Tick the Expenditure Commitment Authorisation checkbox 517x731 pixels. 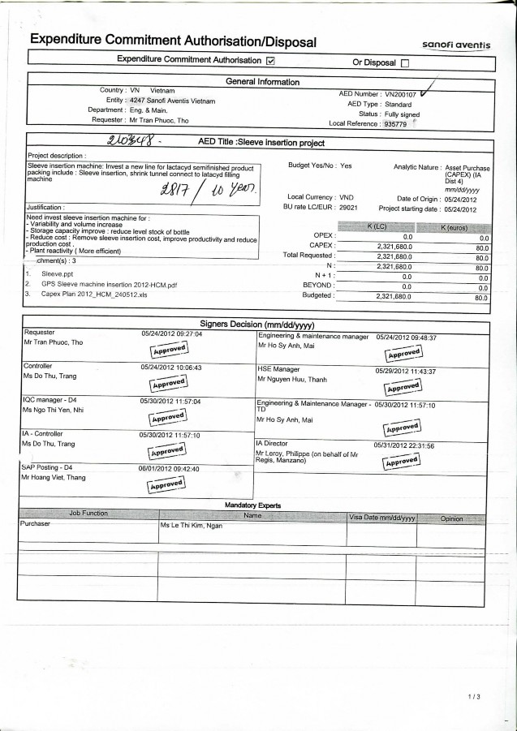point(270,61)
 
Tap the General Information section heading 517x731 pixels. point(261,81)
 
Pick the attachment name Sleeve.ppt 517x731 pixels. point(53,275)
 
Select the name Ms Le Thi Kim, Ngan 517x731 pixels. point(192,527)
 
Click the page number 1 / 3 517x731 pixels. point(475,696)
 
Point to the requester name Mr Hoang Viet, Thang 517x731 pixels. point(53,479)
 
